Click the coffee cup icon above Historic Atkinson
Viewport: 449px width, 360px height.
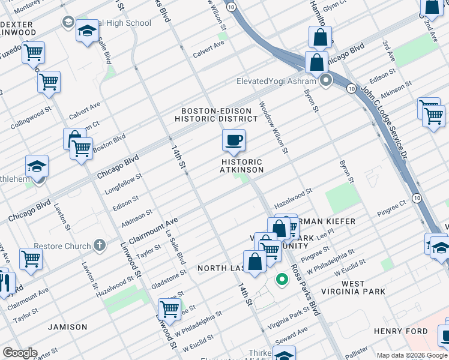pyautogui.click(x=234, y=141)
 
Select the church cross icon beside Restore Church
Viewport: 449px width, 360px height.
pyautogui.click(x=100, y=245)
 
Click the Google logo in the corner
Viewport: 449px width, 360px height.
pyautogui.click(x=19, y=353)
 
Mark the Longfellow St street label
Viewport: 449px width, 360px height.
pyautogui.click(x=123, y=185)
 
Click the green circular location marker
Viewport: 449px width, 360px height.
pyautogui.click(x=281, y=280)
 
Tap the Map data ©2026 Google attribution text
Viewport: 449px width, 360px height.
pyautogui.click(x=411, y=355)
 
